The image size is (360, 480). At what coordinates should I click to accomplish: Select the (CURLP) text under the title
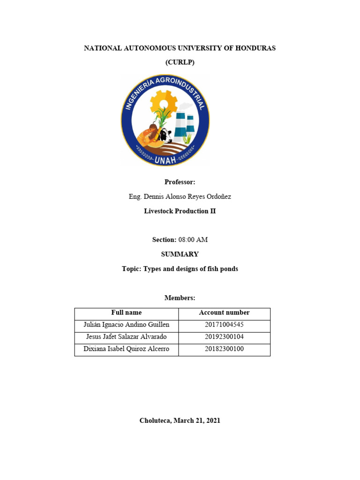pyautogui.click(x=180, y=63)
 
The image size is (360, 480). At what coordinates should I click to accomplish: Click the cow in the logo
pyautogui.click(x=164, y=136)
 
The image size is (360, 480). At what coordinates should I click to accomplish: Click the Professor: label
pyautogui.click(x=180, y=182)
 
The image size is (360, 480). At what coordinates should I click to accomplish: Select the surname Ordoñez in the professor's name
pyautogui.click(x=218, y=196)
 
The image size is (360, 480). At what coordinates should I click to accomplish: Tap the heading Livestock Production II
pyautogui.click(x=180, y=211)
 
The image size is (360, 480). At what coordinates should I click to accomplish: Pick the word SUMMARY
pyautogui.click(x=180, y=254)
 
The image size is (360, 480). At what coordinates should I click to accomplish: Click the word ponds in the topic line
pyautogui.click(x=228, y=269)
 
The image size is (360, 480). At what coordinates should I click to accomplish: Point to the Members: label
pyautogui.click(x=180, y=298)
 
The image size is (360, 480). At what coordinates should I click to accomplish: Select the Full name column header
pyautogui.click(x=126, y=313)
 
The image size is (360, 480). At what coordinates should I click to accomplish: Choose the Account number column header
pyautogui.click(x=224, y=313)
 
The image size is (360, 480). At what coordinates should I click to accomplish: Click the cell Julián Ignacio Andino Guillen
pyautogui.click(x=126, y=325)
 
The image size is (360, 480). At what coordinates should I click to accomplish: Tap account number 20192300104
pyautogui.click(x=224, y=337)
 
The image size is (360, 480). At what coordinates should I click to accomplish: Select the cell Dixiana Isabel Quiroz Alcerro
pyautogui.click(x=126, y=349)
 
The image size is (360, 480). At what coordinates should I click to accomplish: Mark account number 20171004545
pyautogui.click(x=224, y=325)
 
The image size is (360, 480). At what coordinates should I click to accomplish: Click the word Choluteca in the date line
pyautogui.click(x=155, y=420)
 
